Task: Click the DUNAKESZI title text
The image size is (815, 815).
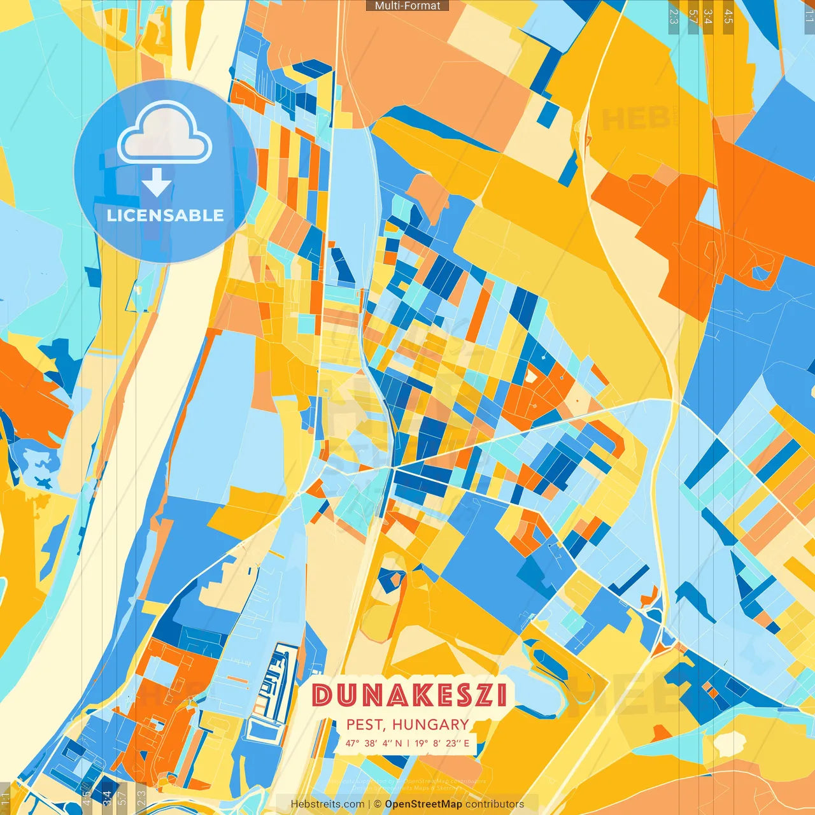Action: pyautogui.click(x=409, y=695)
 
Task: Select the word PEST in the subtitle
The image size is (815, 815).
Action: pyautogui.click(x=365, y=725)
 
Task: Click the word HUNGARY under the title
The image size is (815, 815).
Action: pyautogui.click(x=430, y=725)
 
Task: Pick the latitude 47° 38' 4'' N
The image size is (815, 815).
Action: pyautogui.click(x=373, y=743)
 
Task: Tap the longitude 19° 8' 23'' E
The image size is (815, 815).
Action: pyautogui.click(x=442, y=743)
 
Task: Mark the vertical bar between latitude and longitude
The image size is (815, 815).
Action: pyautogui.click(x=408, y=743)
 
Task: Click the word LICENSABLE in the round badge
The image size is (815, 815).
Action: pyautogui.click(x=165, y=215)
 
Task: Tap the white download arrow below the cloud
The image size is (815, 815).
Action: pyautogui.click(x=157, y=183)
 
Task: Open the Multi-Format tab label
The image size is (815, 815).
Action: pyautogui.click(x=407, y=6)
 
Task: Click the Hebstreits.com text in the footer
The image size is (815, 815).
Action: pyautogui.click(x=327, y=804)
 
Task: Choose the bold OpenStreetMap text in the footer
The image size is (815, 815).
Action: pyautogui.click(x=423, y=804)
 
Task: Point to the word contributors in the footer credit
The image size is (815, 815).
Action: pyautogui.click(x=495, y=804)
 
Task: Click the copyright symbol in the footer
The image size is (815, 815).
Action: pyautogui.click(x=377, y=804)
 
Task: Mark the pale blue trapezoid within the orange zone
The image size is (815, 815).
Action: pyautogui.click(x=708, y=208)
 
